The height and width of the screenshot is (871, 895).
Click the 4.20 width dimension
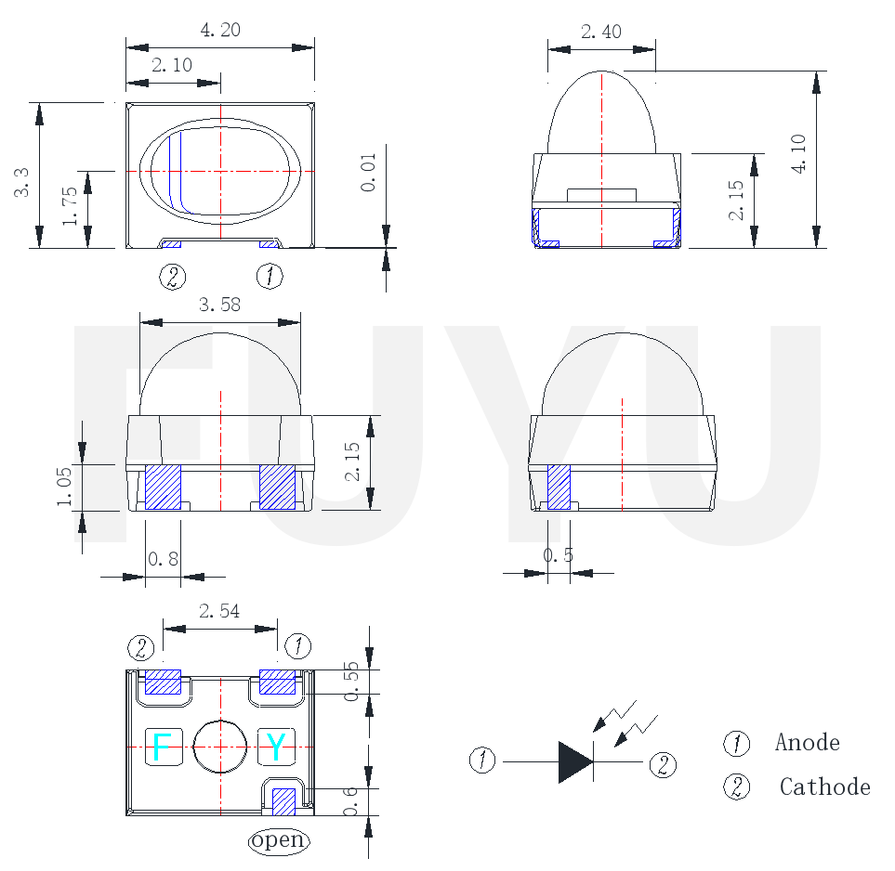(220, 31)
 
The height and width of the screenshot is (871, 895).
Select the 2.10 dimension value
(171, 66)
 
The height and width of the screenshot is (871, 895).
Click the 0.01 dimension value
(369, 172)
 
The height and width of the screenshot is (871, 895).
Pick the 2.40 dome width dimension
(600, 32)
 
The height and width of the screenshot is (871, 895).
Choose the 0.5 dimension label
(558, 555)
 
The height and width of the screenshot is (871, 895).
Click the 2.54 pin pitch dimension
(219, 611)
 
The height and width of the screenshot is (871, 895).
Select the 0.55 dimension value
(351, 682)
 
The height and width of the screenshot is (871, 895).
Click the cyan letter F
(162, 747)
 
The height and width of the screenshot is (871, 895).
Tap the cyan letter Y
(276, 747)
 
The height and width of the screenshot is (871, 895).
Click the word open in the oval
(278, 840)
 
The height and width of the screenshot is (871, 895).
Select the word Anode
(807, 743)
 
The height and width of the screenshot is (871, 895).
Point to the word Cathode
(824, 787)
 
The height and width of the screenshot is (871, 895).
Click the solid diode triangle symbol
(575, 761)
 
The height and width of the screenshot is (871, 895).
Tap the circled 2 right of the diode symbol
(663, 765)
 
